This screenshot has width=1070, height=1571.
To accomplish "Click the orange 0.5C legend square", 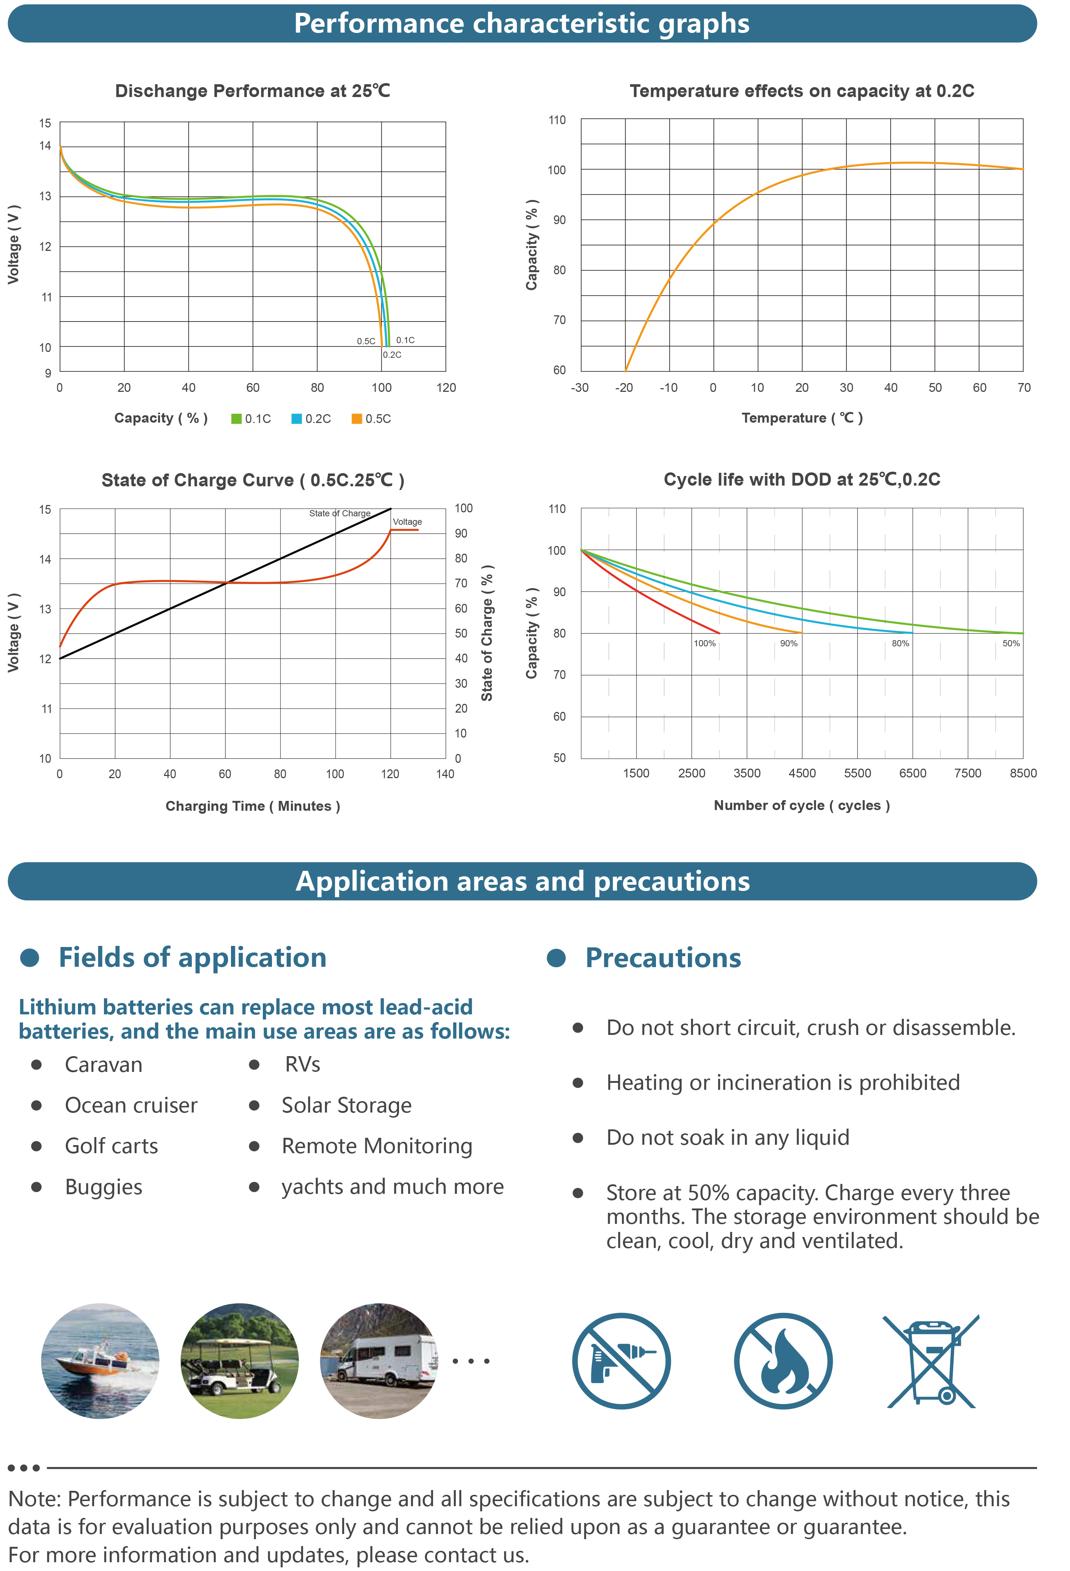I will [x=356, y=419].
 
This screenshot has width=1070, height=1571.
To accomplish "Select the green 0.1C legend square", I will [x=236, y=419].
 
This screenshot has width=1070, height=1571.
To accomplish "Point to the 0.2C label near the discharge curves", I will [x=392, y=355].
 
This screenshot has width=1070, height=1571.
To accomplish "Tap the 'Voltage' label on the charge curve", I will [x=407, y=522].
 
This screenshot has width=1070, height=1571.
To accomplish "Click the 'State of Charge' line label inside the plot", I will [x=339, y=513].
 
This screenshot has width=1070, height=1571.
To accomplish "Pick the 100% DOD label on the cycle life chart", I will [x=704, y=643].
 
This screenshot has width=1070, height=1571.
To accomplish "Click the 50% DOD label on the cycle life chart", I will [x=1011, y=643].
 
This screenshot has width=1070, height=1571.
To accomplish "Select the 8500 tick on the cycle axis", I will [x=1023, y=773].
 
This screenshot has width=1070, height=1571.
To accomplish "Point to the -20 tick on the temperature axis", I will [x=624, y=388].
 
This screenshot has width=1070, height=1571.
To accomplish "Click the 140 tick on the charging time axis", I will [x=445, y=774].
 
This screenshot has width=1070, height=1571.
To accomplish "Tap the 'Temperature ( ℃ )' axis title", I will [x=802, y=418].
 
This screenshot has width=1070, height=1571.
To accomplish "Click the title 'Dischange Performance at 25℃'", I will [x=252, y=91].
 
